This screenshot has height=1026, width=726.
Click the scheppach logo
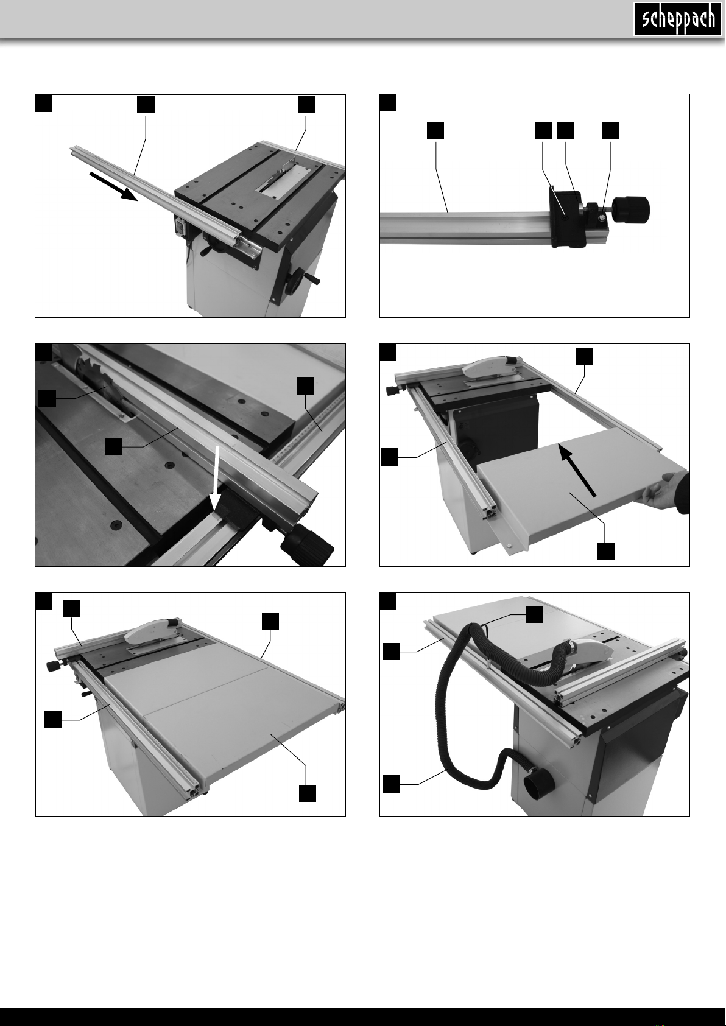(x=677, y=19)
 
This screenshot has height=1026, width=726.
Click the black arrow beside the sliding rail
(x=113, y=186)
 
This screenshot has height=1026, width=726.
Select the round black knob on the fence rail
(x=632, y=208)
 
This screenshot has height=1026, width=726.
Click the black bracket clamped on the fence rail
(x=566, y=217)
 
